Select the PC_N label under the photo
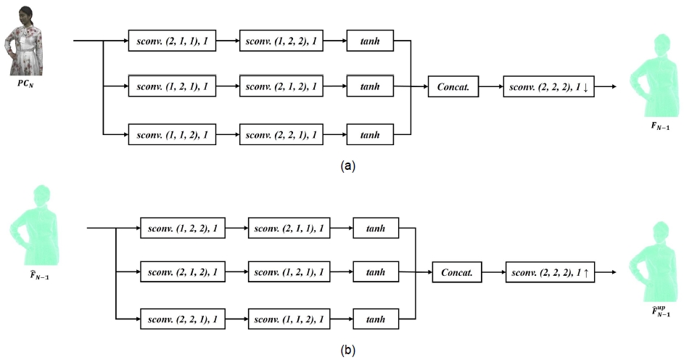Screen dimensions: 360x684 [26, 84]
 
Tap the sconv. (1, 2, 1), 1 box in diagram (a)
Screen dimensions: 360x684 [172, 87]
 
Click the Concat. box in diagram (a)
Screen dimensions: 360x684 [454, 87]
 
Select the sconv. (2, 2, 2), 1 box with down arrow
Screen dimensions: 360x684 [548, 87]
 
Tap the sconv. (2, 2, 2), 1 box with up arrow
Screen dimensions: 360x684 [551, 273]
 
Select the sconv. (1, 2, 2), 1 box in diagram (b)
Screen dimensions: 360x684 [184, 228]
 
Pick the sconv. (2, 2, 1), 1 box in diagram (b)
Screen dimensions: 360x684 [184, 319]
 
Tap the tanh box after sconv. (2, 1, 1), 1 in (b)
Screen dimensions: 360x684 [376, 228]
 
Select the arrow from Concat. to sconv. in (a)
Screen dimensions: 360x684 [490, 87]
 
